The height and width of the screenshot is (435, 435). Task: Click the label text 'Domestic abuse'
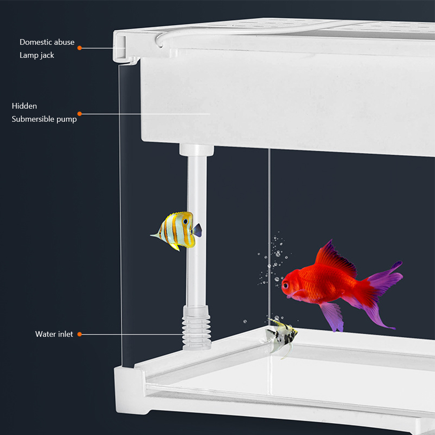click(x=47, y=42)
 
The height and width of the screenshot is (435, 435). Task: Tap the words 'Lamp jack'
click(x=37, y=55)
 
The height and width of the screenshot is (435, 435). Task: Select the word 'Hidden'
click(x=24, y=106)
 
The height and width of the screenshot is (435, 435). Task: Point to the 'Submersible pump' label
click(x=44, y=119)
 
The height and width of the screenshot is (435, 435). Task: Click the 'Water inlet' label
click(x=54, y=334)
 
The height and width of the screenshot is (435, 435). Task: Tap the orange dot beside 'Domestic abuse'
click(x=80, y=48)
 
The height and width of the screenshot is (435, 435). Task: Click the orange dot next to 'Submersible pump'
click(x=80, y=114)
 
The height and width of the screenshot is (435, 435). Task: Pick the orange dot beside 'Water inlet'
click(x=80, y=334)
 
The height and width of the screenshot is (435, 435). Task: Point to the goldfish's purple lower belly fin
click(x=333, y=315)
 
